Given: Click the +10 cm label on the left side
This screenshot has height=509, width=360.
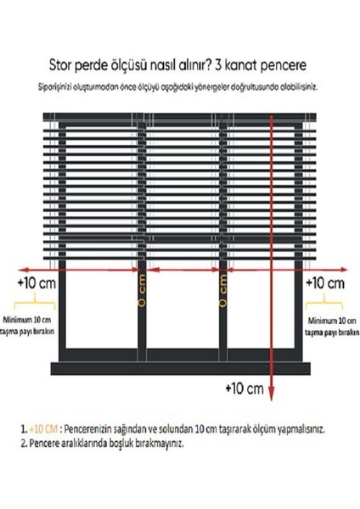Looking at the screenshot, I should click(x=35, y=282).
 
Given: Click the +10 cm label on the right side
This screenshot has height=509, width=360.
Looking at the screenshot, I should click(x=326, y=282).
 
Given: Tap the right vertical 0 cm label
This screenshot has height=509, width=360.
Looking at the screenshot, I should click(x=223, y=290).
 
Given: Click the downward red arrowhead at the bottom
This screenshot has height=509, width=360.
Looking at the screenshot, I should click(x=271, y=392).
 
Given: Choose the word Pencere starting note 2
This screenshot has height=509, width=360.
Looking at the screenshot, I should click(x=45, y=443).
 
